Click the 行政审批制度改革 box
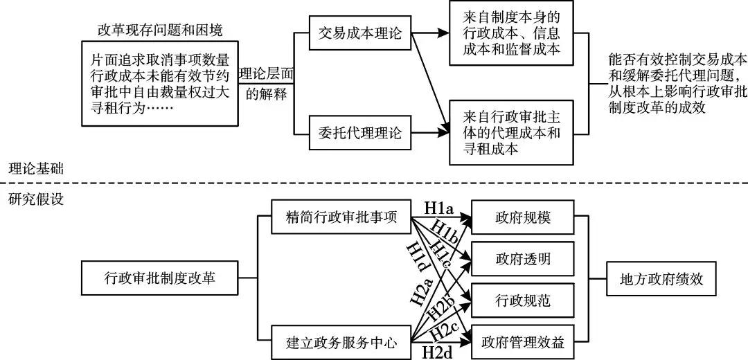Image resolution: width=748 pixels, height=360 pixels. pyautogui.click(x=160, y=280)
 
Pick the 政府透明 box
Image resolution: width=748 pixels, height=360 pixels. pyautogui.click(x=523, y=260)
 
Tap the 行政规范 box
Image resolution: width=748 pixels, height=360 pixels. pyautogui.click(x=523, y=300)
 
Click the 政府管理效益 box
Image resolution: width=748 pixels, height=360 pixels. pyautogui.click(x=523, y=341)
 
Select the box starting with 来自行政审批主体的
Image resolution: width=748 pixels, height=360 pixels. pyautogui.click(x=511, y=132)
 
